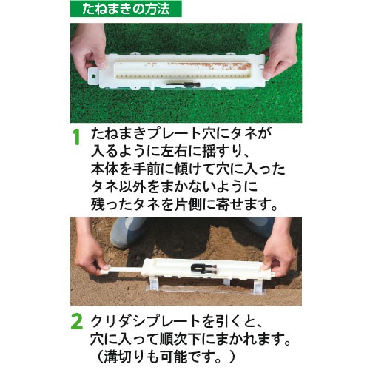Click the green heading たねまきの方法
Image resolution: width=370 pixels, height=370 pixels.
tap(126, 9)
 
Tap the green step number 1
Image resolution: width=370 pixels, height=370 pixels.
tap(77, 137)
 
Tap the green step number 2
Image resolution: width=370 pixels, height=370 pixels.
tap(76, 322)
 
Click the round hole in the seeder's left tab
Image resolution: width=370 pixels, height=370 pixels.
tap(93, 76)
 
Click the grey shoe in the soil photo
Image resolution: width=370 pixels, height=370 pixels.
tap(127, 232)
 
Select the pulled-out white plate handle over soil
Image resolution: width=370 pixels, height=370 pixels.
tap(122, 269)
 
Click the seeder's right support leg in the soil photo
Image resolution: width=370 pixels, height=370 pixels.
tap(258, 286)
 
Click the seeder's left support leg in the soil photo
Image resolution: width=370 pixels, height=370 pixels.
tap(153, 283)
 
